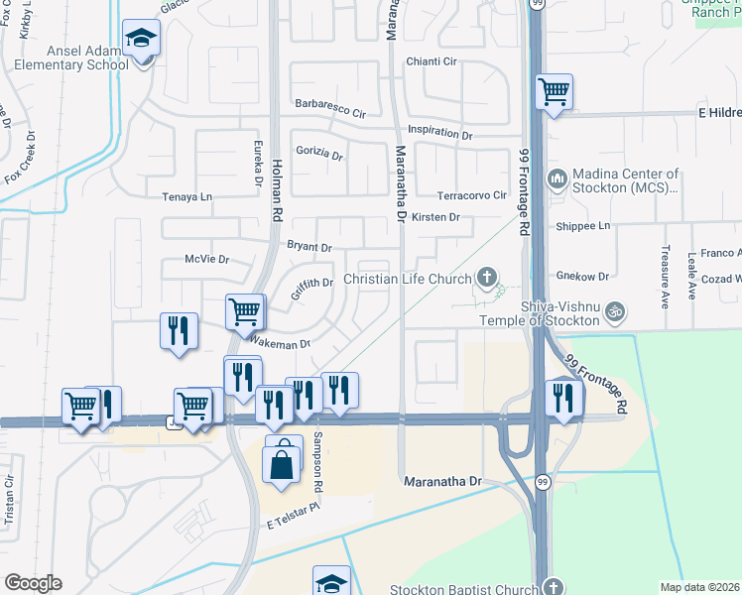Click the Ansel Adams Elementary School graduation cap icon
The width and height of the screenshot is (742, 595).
(x=141, y=39)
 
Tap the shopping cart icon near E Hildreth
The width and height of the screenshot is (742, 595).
(x=555, y=92)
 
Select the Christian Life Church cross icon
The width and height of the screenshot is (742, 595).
(x=486, y=277)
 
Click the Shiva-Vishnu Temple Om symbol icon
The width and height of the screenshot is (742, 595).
(x=614, y=310)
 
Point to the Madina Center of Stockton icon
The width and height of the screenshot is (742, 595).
(x=556, y=180)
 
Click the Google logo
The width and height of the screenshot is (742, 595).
(x=33, y=583)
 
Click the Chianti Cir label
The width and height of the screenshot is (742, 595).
(x=432, y=61)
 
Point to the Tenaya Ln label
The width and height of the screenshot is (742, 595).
(x=187, y=197)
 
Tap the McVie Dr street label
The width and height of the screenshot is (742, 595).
(x=207, y=260)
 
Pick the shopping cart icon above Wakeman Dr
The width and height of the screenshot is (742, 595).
(x=244, y=312)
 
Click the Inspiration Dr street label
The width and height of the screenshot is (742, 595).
(x=439, y=132)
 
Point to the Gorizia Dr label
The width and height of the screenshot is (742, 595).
(x=318, y=156)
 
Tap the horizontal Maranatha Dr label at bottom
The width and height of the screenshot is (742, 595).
(x=442, y=481)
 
